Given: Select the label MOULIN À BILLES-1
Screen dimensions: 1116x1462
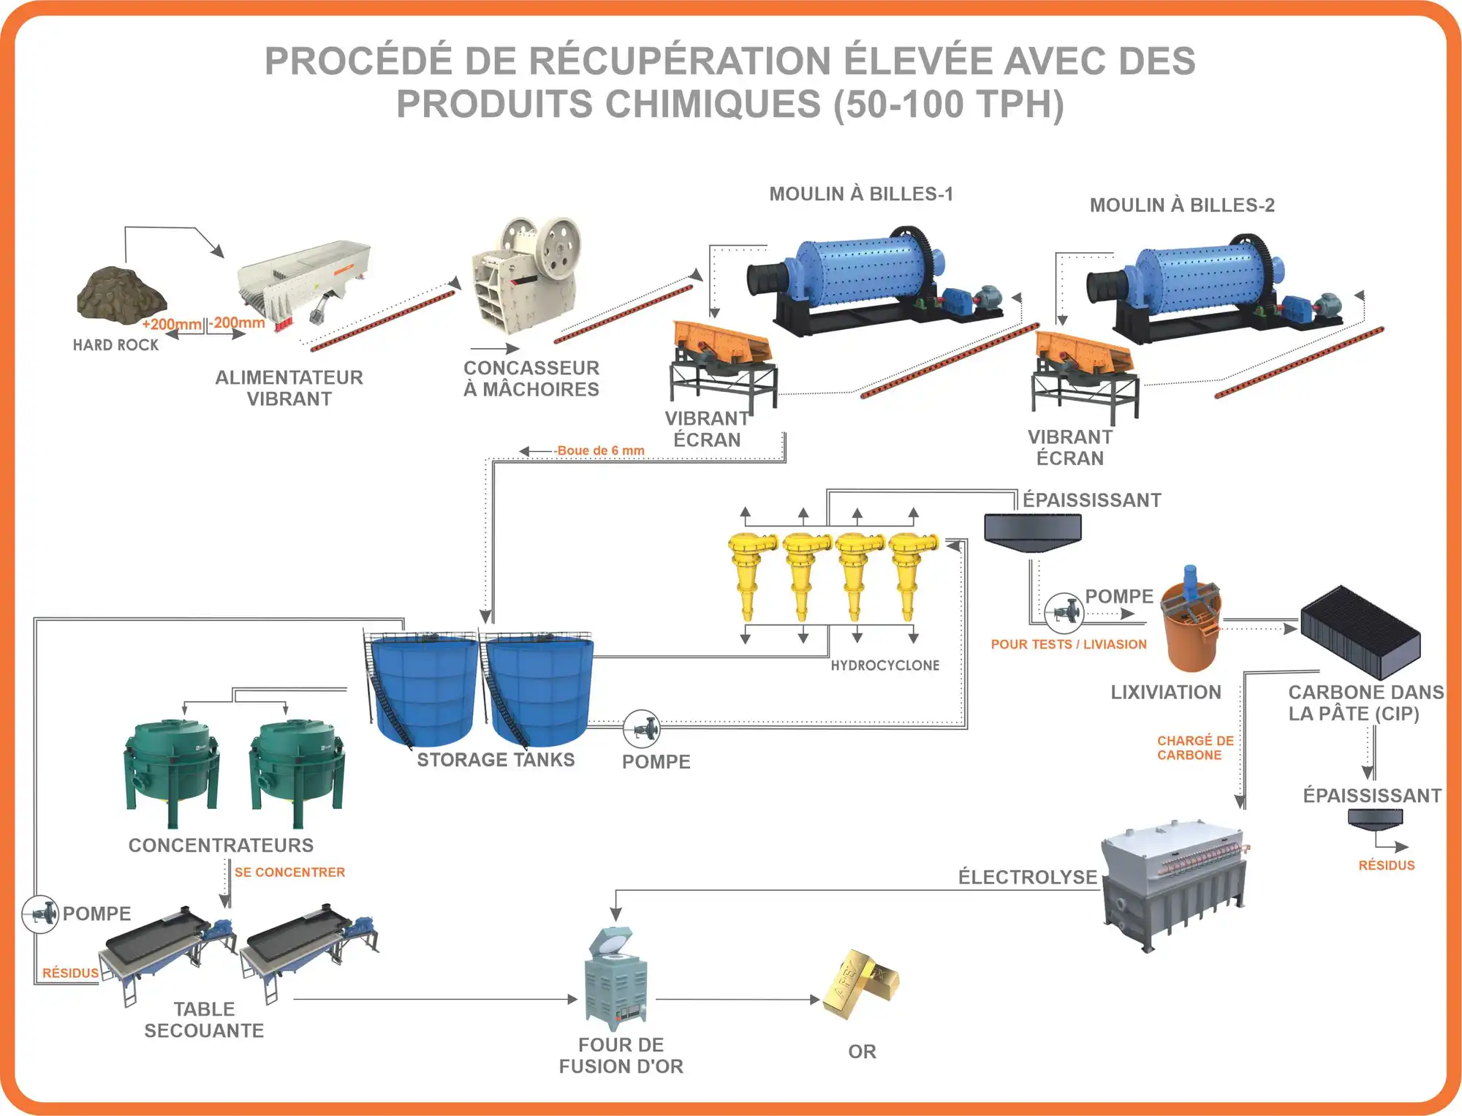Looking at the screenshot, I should coord(860,194).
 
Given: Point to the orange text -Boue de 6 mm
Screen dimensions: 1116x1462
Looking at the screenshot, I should coord(600,450).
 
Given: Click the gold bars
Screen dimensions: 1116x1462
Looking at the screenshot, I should coord(860,984).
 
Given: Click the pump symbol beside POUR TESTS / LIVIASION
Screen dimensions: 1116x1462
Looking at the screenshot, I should coord(1064,611).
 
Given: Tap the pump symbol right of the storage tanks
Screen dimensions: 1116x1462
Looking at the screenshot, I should coord(642,728).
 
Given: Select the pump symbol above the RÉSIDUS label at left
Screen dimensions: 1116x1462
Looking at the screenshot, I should coord(40,913).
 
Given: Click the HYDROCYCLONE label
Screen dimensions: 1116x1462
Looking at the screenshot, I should coord(885,666).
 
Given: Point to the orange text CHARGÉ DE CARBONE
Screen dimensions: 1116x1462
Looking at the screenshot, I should coord(1194,747).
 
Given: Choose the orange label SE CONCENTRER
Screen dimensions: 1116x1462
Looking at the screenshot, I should coord(289,872).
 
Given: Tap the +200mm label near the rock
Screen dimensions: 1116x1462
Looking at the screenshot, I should coord(172,324).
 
